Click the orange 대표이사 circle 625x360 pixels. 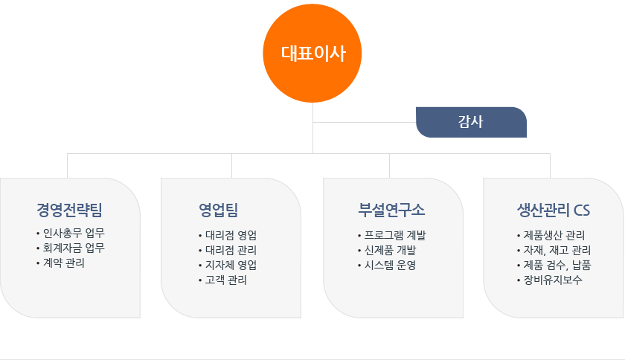point(312,53)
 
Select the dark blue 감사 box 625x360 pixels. point(471,122)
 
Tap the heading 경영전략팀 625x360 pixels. point(69,210)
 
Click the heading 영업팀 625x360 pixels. point(219,210)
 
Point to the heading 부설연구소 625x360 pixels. point(391,210)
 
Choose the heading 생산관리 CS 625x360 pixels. point(554,210)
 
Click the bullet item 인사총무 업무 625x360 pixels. point(74,233)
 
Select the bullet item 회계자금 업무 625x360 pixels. point(74,248)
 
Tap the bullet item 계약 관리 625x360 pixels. point(64,263)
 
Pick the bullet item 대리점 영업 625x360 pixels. point(231,235)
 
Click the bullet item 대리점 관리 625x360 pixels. point(231,251)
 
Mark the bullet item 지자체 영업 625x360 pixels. point(231,265)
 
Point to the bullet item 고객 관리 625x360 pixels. point(225,280)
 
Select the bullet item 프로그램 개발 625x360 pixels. point(395,235)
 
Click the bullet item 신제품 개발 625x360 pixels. point(390,251)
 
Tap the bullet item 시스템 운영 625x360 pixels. point(390,265)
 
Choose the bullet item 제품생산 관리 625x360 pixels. point(554,235)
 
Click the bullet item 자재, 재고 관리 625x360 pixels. point(557,251)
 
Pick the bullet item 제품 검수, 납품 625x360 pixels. point(557,265)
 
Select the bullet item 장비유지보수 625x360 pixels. point(552,280)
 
